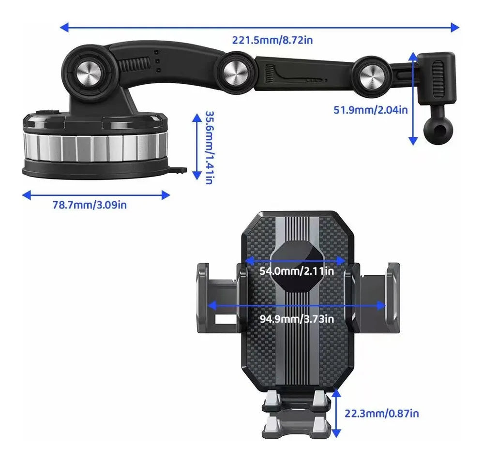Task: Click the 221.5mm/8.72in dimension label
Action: tap(272, 40)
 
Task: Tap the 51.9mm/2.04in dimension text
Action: tap(370, 110)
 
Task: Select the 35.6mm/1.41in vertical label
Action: tap(209, 148)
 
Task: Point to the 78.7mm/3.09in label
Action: tap(90, 205)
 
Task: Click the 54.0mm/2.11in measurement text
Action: tap(296, 271)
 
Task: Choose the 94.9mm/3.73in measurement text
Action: tap(296, 318)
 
